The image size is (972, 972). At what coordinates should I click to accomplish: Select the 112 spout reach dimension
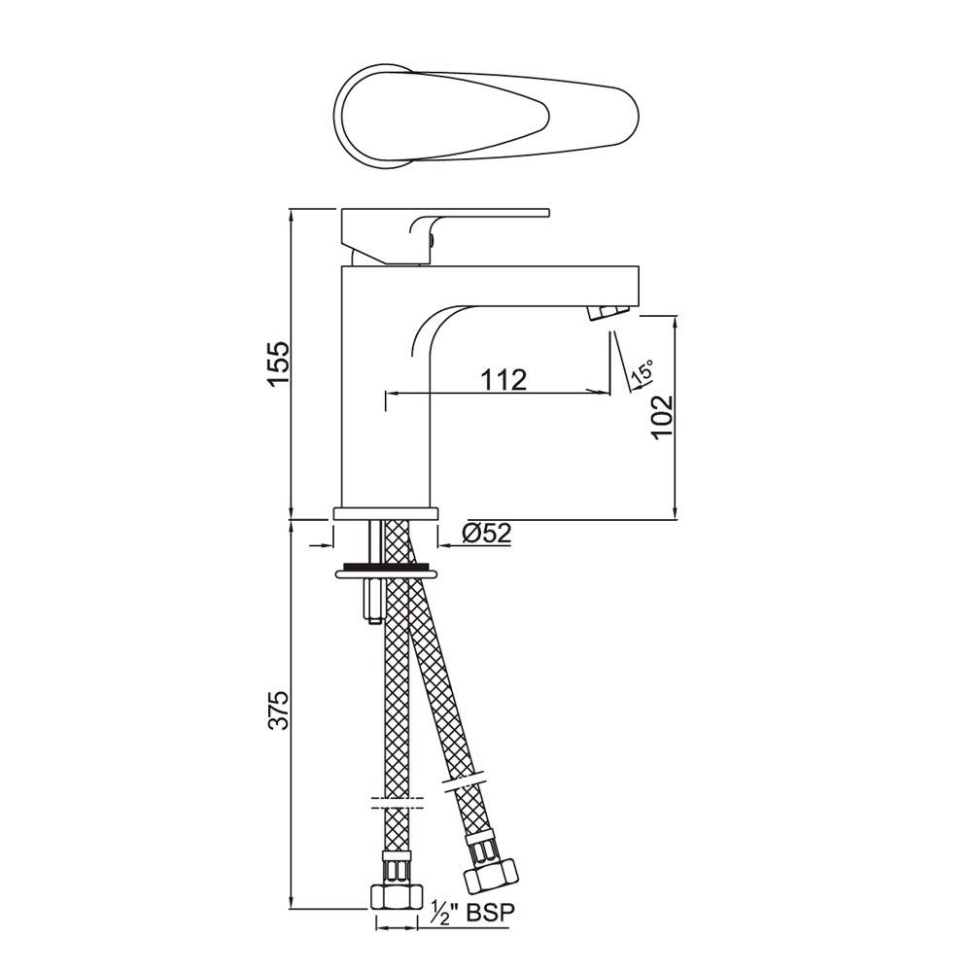pos(505,379)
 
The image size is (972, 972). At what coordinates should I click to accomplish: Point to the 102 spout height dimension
pos(660,415)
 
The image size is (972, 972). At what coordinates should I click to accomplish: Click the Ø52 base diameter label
pos(487,532)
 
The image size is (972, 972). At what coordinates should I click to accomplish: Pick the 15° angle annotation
pos(642,372)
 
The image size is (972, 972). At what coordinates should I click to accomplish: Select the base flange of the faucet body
pos(387,512)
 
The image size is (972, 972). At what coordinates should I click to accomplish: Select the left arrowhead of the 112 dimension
pos(391,394)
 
